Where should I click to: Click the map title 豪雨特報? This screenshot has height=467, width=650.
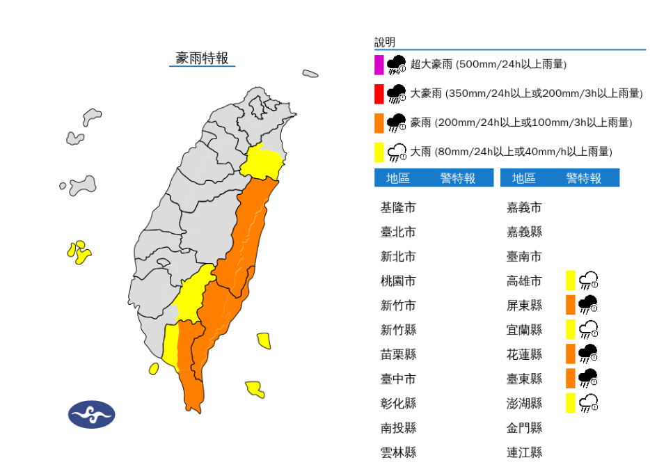[202, 58]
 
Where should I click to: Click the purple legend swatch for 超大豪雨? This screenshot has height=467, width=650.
[379, 65]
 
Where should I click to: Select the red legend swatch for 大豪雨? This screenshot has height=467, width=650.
[379, 94]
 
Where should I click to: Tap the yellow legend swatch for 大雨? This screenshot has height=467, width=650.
[379, 152]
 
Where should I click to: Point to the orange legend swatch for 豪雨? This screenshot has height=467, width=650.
[379, 123]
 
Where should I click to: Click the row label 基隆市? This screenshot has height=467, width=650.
[398, 207]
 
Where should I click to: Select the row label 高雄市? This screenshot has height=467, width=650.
[524, 281]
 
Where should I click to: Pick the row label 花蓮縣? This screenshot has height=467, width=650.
[524, 354]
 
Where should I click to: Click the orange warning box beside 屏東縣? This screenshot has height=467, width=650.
[571, 305]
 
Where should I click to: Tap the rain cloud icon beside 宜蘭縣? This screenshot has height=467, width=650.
[589, 329]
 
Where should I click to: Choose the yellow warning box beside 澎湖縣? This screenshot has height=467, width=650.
[571, 403]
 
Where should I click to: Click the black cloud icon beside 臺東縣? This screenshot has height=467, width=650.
[589, 378]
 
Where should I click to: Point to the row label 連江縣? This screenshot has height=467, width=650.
[524, 452]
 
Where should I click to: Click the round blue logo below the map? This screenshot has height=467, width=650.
[91, 415]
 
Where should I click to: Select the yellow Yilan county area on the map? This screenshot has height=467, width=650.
[262, 163]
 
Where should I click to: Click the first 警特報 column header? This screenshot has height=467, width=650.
[457, 178]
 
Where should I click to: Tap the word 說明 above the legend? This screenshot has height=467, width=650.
[384, 42]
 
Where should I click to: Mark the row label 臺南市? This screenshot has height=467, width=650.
[524, 257]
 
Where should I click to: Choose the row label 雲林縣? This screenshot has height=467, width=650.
[398, 452]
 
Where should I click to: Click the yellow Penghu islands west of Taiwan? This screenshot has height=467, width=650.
[79, 252]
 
